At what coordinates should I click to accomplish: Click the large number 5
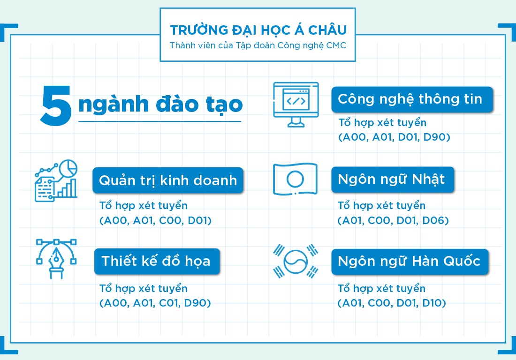tap(56, 106)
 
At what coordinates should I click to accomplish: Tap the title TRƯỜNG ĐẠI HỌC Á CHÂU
tap(258, 30)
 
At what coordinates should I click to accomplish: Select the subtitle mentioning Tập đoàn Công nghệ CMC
tap(258, 45)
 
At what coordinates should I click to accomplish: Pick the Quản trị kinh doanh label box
tap(168, 180)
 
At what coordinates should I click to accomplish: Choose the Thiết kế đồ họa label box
tap(156, 261)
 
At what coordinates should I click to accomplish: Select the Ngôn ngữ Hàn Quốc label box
tap(410, 261)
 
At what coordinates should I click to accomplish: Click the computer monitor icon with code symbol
tap(296, 104)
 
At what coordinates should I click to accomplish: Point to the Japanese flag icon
tap(296, 179)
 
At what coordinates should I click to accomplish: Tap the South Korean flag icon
tap(296, 261)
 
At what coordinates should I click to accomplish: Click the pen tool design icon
tap(56, 258)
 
